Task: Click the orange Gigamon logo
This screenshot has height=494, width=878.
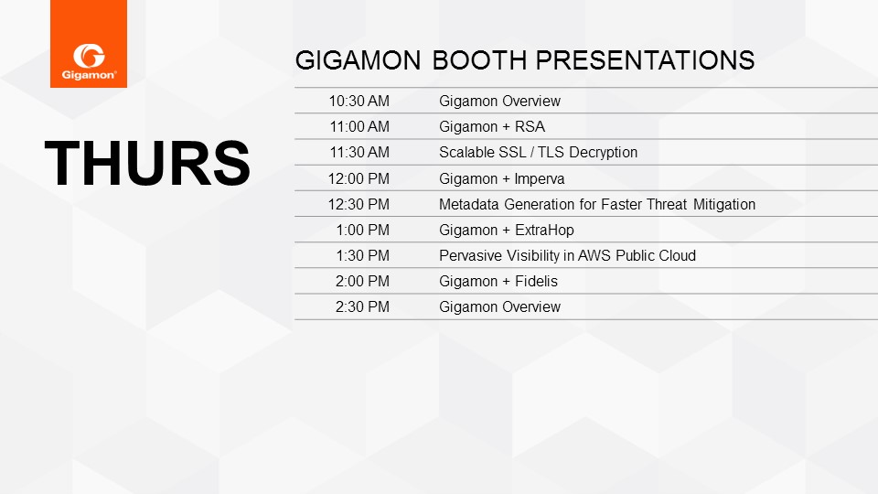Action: pos(89,44)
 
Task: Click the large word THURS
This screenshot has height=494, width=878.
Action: pos(147,163)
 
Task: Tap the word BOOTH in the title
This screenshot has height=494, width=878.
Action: pos(480,60)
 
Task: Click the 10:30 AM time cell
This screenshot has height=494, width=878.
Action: pos(359,101)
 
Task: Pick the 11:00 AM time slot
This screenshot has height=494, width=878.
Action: pos(359,126)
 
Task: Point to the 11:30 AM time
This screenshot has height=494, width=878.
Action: pos(359,153)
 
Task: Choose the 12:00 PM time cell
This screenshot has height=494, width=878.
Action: pos(359,178)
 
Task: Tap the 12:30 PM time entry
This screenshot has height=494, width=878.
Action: pos(359,204)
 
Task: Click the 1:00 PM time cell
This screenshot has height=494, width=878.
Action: pos(363,231)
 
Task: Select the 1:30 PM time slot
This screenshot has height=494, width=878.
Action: pos(363,255)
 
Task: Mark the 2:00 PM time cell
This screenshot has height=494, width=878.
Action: pos(362,281)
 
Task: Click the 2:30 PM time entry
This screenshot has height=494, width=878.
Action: pos(362,307)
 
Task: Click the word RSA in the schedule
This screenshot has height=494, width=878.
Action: pos(530,126)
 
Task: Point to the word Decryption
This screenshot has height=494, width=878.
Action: pos(603,153)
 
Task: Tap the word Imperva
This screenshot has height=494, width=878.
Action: pos(540,179)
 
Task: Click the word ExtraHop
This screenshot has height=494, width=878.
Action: pos(544,231)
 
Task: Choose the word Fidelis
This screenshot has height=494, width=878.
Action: pos(537,281)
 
